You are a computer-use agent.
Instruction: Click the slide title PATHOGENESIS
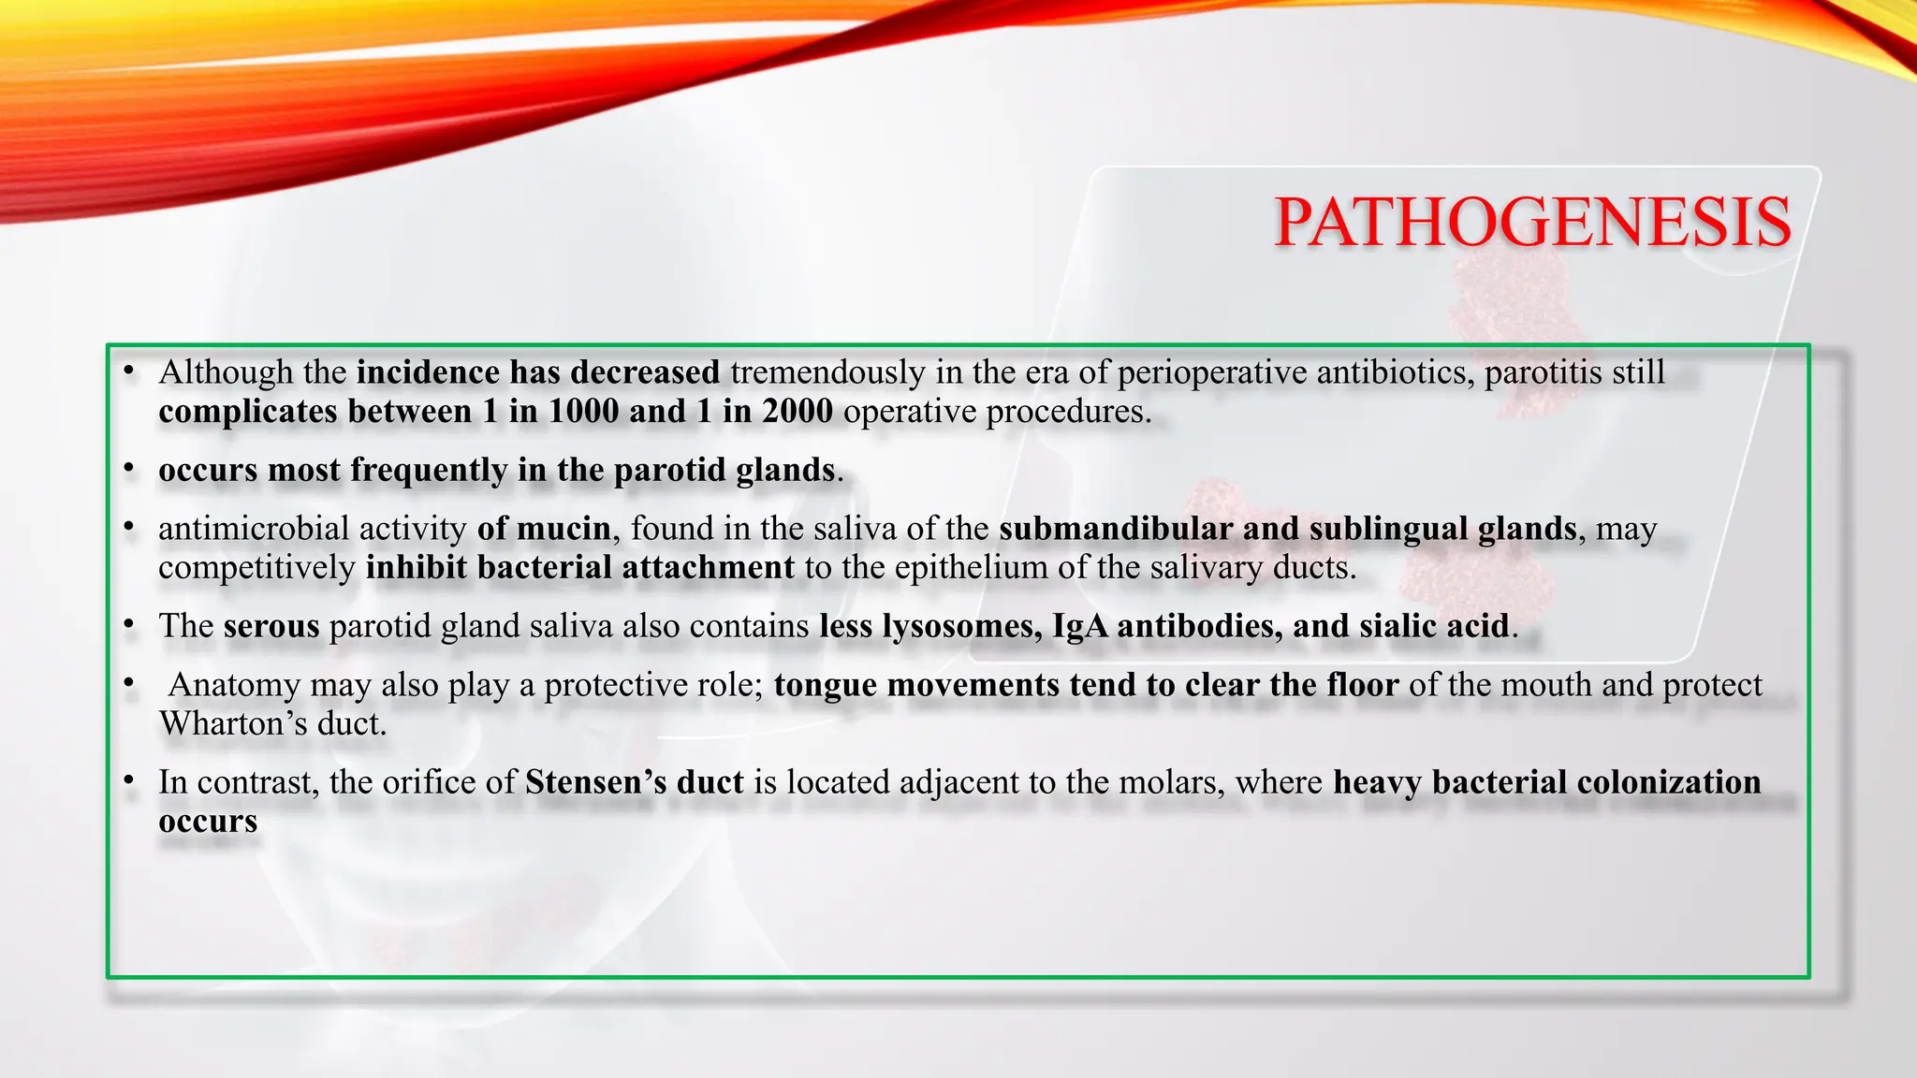[x=1532, y=223]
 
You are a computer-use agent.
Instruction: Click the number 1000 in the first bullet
[x=584, y=412]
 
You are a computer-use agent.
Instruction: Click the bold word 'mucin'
[x=563, y=529]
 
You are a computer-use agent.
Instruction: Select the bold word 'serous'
[x=271, y=626]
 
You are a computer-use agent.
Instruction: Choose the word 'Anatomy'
[x=234, y=685]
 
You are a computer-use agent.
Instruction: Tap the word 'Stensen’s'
[x=594, y=782]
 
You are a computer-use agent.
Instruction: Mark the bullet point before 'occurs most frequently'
[x=129, y=468]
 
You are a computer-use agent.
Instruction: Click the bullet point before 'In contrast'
[x=129, y=780]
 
